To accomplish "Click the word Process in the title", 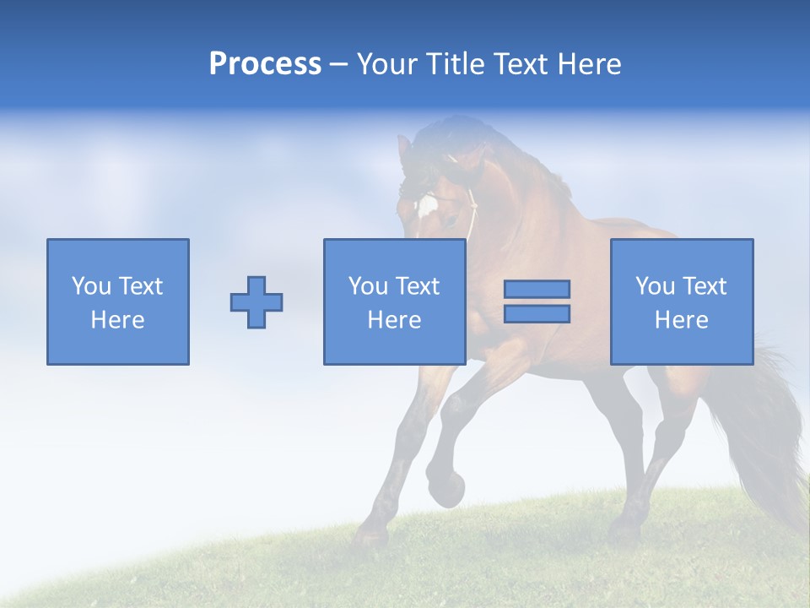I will click(265, 63).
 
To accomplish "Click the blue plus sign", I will click(256, 302).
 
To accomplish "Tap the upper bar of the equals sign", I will click(537, 289).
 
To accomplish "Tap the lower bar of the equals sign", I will click(537, 313).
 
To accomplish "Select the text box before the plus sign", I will click(118, 301).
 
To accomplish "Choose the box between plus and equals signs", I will click(394, 301).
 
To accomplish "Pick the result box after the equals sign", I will click(681, 301).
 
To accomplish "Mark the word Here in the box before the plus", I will click(117, 320).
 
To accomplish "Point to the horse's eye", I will click(453, 220).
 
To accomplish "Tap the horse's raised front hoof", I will click(446, 489).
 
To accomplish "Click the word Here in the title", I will click(591, 64).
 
